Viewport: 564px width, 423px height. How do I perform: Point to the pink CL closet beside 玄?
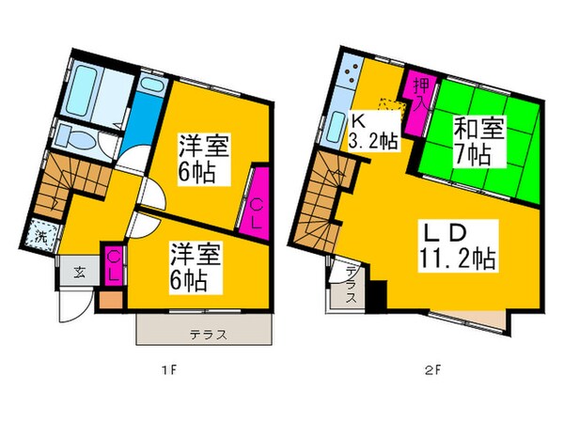pos(112,264)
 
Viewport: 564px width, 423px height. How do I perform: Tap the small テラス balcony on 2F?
pos(347,292)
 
